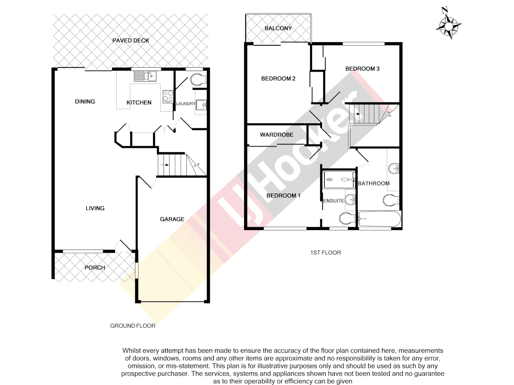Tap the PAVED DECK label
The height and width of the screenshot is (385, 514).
tap(131, 41)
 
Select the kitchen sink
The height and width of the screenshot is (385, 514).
tap(145, 76)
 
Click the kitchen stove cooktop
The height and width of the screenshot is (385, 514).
tap(168, 96)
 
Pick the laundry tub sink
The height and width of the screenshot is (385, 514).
tap(201, 105)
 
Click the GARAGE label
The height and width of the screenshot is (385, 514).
tap(172, 219)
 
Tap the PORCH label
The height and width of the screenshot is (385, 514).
tap(95, 268)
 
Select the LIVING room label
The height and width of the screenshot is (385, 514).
tap(95, 208)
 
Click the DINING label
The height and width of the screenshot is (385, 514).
tap(85, 102)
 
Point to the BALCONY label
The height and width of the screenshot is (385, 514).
tap(278, 28)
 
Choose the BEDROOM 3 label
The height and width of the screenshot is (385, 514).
tap(362, 68)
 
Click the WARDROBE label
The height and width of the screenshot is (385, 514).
tap(277, 135)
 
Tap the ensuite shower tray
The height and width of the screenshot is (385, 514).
tap(339, 180)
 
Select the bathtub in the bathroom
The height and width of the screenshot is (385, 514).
tap(379, 219)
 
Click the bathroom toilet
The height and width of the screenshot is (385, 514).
tap(390, 201)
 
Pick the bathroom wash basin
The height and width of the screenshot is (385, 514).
tap(394, 168)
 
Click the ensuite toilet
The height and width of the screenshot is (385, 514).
tap(346, 218)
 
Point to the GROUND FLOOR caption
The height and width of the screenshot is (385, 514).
tap(133, 326)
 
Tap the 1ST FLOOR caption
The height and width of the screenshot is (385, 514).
tap(326, 253)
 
